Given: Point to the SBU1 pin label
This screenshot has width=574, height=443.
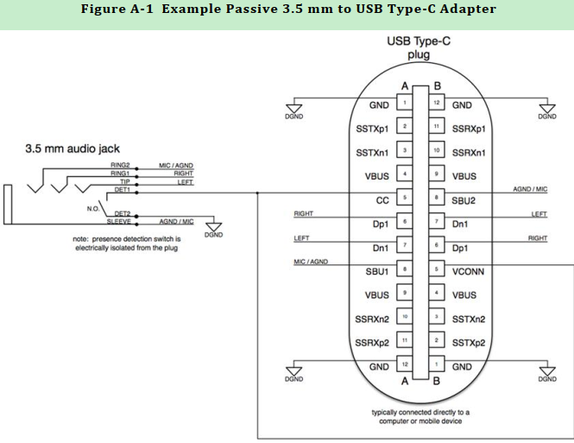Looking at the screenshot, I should point(377,271).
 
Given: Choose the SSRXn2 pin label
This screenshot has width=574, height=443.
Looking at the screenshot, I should point(374,319).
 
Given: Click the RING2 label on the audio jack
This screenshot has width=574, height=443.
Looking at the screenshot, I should point(120,165).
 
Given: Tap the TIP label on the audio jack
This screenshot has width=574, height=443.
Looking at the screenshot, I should point(124,181).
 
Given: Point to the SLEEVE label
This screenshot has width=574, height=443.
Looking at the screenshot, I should point(118,222).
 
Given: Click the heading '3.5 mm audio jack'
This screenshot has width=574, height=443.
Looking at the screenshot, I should point(72,149).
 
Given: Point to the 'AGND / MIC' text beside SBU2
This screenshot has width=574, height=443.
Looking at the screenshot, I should point(530,189).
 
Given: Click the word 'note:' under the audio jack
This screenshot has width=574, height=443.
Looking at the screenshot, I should point(83,237).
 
